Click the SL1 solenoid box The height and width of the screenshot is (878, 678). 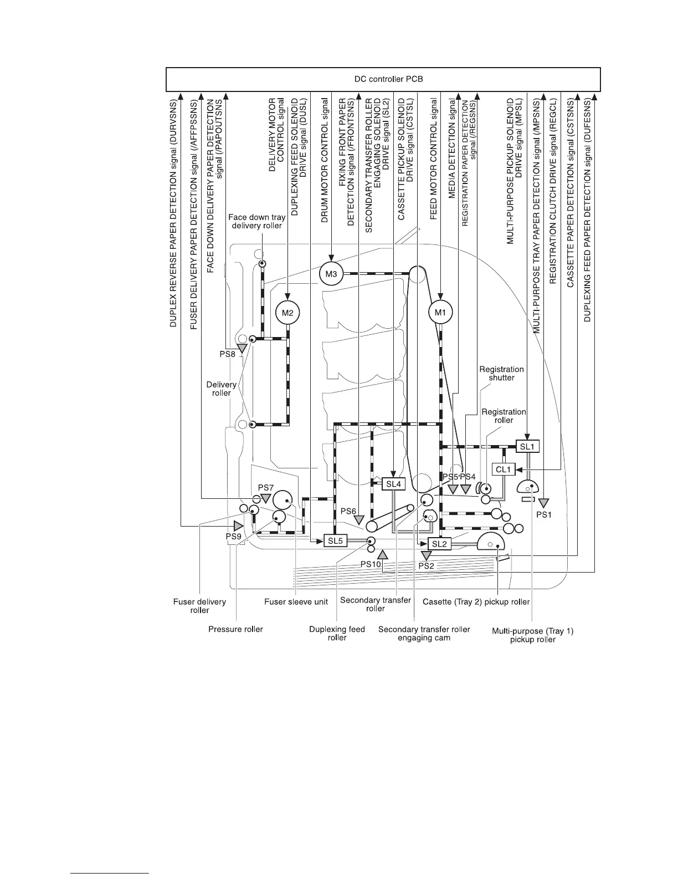point(527,447)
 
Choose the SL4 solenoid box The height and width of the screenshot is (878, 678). point(393,484)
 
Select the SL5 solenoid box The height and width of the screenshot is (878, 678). point(335,541)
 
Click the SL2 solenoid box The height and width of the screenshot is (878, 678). point(439,544)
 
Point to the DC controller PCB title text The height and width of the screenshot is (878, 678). point(388,79)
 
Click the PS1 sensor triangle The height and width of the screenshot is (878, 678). point(543,503)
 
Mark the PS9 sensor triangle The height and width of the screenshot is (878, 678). point(239,525)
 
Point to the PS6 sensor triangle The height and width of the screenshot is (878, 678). point(359,520)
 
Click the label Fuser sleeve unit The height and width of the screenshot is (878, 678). point(296,601)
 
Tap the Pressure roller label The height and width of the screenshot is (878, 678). point(235,629)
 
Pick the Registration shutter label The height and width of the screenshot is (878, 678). point(501,373)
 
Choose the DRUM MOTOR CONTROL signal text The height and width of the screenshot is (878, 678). point(325,161)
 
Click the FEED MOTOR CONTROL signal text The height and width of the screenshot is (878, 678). point(434,159)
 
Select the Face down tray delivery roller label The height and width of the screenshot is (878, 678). point(256,221)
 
